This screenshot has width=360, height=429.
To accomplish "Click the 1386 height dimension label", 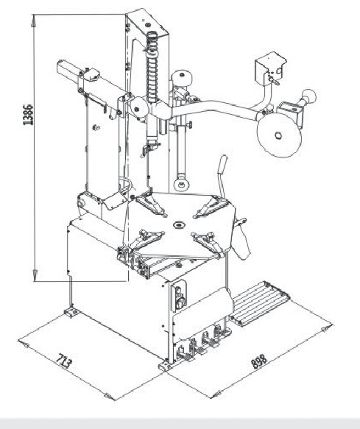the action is [x=28, y=115].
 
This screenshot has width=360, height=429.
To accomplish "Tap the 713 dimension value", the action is [x=64, y=361].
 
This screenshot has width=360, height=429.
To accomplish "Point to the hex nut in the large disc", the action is [x=278, y=135].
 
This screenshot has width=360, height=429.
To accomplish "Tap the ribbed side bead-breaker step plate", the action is [x=258, y=303].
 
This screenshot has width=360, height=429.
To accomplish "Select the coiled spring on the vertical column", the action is [x=152, y=67].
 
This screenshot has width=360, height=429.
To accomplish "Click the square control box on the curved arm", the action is [x=269, y=68].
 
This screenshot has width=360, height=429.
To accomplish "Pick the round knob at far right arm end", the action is [x=309, y=96].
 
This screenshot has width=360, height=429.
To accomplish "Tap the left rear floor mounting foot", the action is [x=71, y=313].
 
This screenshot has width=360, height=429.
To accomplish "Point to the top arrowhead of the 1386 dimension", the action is [x=33, y=21].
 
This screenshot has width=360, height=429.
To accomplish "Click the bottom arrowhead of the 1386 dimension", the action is [x=35, y=274].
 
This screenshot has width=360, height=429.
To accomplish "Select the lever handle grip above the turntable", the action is [x=222, y=164].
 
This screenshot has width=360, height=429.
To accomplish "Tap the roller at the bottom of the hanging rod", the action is [x=181, y=184].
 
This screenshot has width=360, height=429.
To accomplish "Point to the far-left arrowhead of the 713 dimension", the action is [x=24, y=344].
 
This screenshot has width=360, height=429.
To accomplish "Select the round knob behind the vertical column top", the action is [x=182, y=78].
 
